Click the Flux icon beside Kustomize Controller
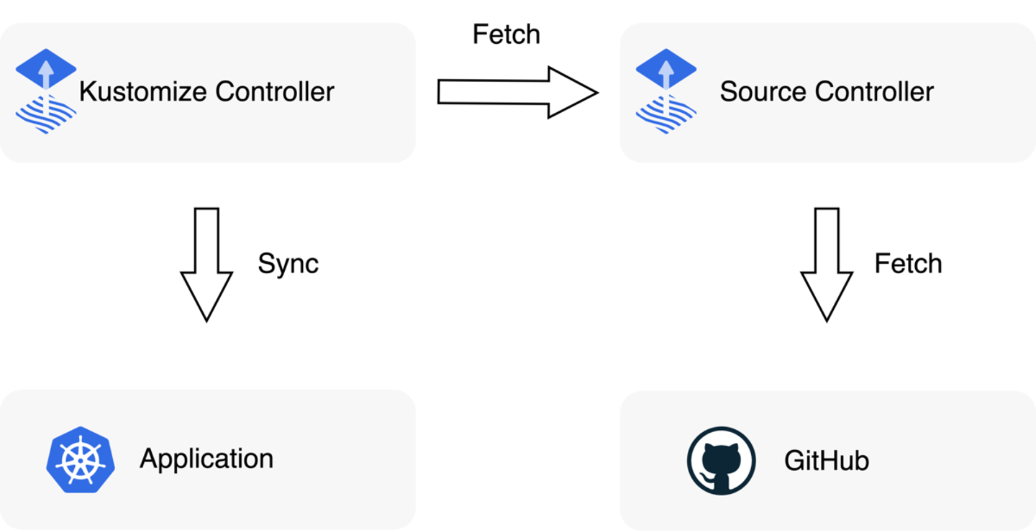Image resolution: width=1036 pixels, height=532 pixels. click(46, 91)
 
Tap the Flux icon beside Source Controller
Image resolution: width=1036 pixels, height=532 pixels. click(666, 91)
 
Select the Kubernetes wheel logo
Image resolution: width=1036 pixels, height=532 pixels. click(80, 460)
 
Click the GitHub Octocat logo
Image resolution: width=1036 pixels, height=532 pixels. click(721, 461)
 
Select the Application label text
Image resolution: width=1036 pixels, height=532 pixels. click(206, 459)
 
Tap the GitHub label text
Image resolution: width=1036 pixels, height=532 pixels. click(827, 460)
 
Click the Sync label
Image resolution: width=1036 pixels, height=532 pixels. click(288, 264)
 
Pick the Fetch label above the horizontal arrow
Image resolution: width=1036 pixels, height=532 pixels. click(506, 35)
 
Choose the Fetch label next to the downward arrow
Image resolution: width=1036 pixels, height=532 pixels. click(908, 264)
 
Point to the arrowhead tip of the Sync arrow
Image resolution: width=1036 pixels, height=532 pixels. click(206, 318)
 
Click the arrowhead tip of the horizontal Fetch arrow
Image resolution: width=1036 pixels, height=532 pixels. click(596, 92)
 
